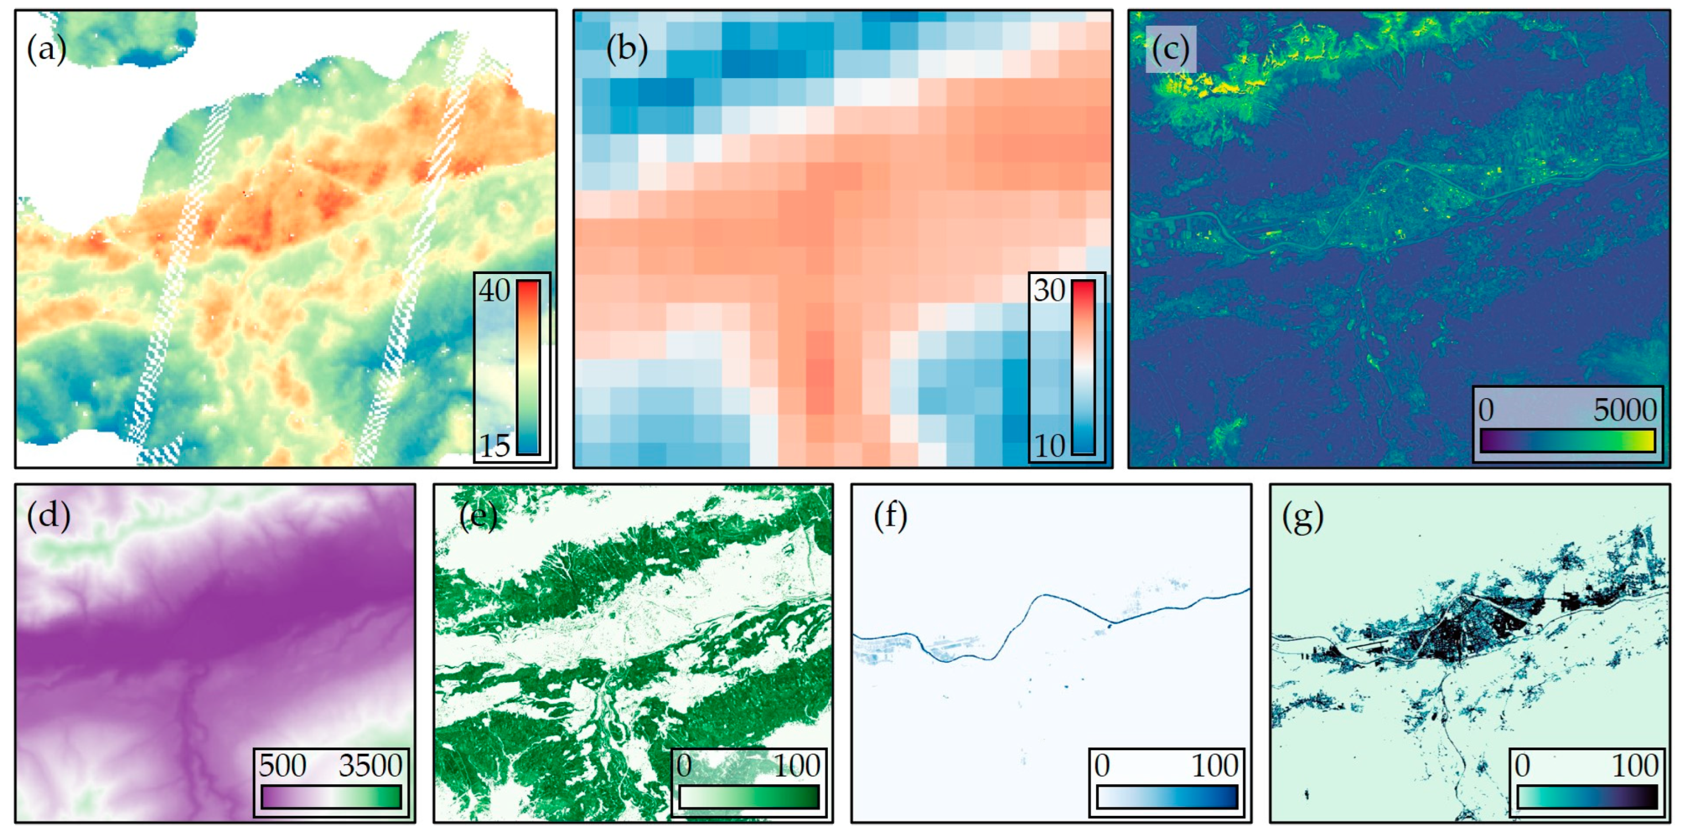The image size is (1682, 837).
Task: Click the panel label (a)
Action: pos(46,49)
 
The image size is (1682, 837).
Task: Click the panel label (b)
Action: pos(626,49)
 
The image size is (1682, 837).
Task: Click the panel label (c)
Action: pos(1170,49)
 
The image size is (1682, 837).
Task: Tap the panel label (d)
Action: pos(48,516)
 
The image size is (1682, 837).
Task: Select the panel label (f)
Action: pos(890,516)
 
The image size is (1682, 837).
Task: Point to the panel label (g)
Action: pos(1303,516)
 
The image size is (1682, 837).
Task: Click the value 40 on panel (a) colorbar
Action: pos(494,291)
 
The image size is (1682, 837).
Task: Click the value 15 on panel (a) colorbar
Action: pos(494,446)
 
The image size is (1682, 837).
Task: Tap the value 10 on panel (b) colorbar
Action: pos(1049,446)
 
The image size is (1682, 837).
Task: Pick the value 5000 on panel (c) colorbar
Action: pos(1625,410)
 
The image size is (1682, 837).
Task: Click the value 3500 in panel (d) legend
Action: pos(370,765)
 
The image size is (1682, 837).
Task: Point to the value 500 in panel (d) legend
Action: pos(282,765)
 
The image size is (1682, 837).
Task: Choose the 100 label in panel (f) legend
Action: pos(1215,765)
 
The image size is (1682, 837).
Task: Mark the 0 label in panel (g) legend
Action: pos(1522,765)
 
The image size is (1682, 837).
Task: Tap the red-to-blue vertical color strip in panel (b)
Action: pos(1083,367)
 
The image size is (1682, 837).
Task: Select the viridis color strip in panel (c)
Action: pos(1567,439)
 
